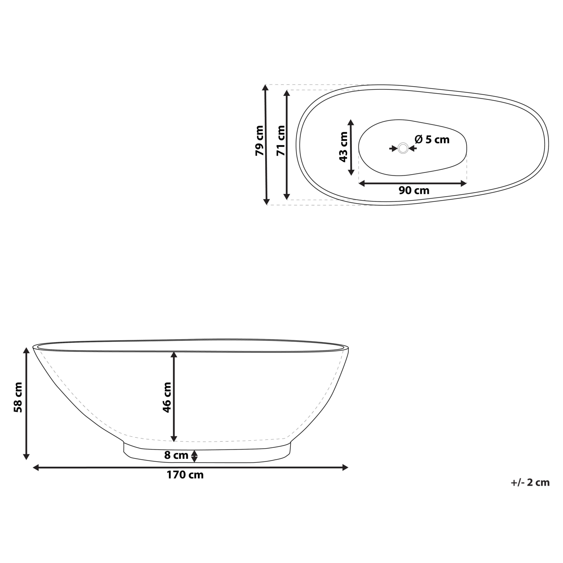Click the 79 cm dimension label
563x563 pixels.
click(260, 141)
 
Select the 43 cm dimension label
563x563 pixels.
click(344, 147)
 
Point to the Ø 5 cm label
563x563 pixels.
click(432, 139)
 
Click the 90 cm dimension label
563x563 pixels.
click(414, 190)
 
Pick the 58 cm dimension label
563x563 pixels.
click(18, 397)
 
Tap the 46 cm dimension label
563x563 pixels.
click(167, 397)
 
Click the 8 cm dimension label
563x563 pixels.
click(176, 455)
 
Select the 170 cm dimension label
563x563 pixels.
click(185, 475)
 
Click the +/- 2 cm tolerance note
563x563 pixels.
click(530, 483)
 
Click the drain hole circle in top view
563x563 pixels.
click(403, 148)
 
